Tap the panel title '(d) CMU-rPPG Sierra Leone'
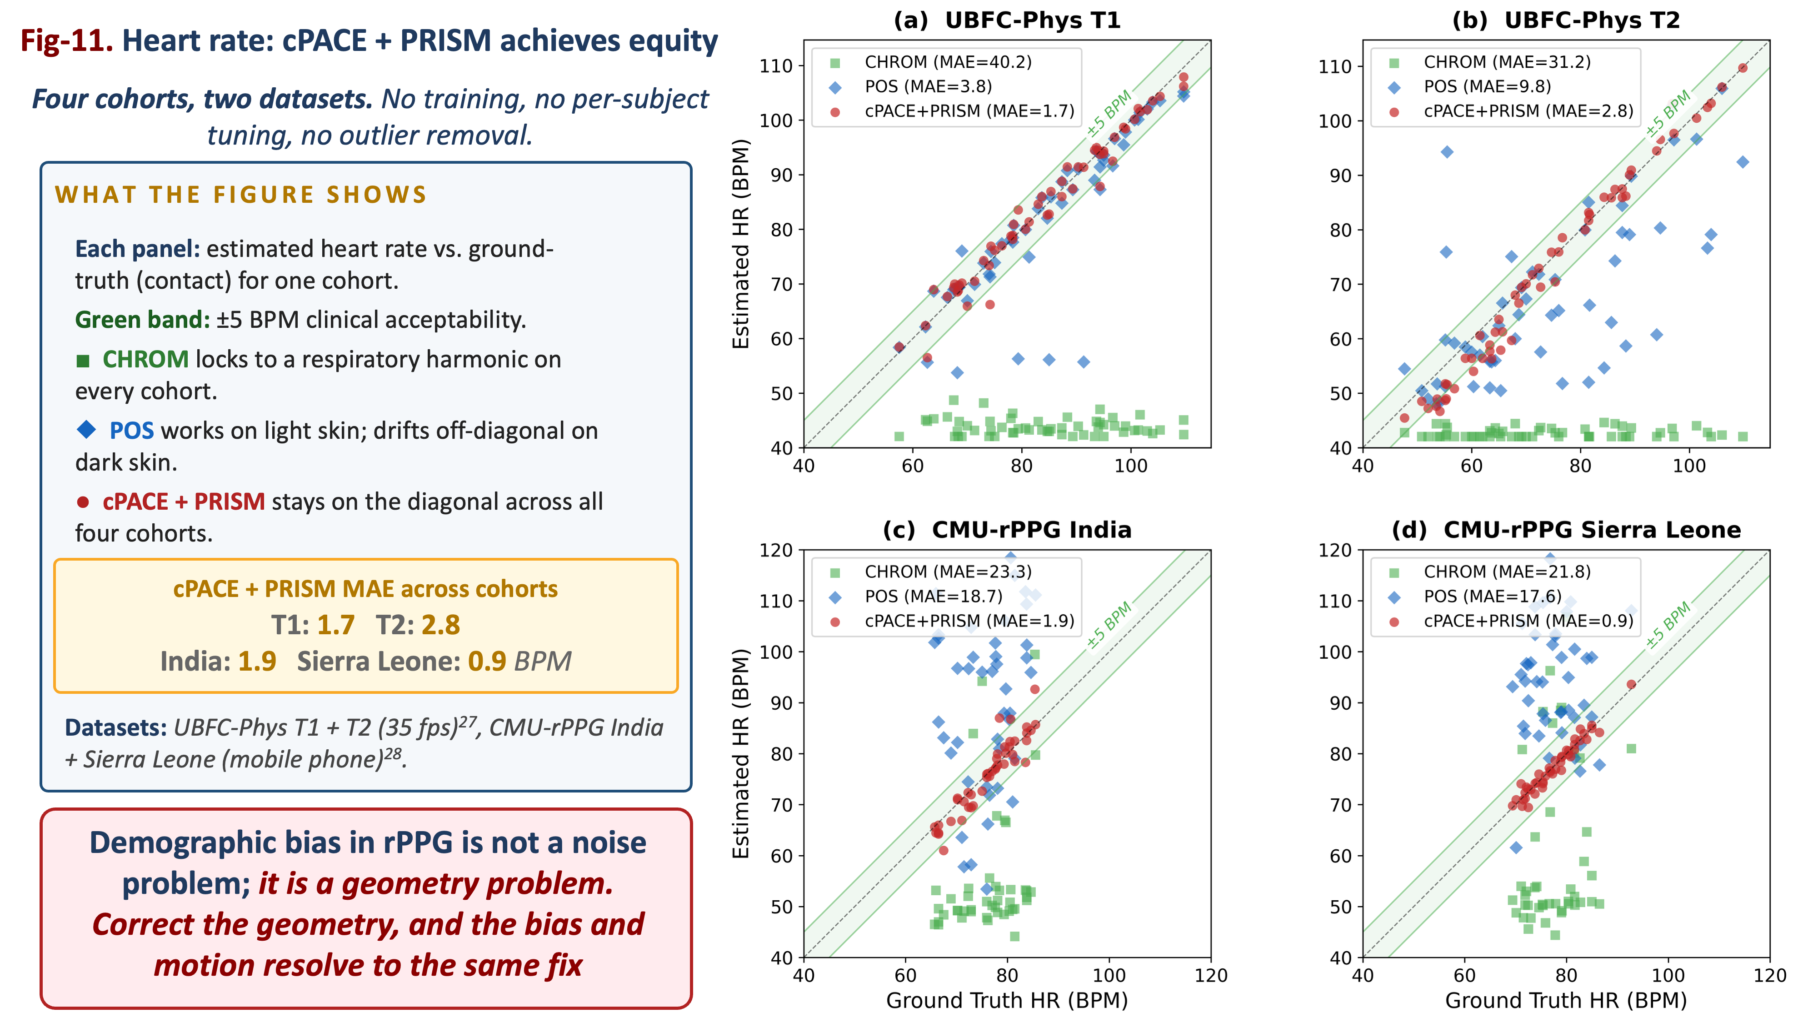pyautogui.click(x=1566, y=530)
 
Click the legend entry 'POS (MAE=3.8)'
pyautogui.click(x=928, y=86)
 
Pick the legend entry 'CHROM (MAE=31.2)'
pyautogui.click(x=1507, y=62)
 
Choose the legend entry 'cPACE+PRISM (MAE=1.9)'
pyautogui.click(x=969, y=621)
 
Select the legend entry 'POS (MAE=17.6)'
pyautogui.click(x=1493, y=596)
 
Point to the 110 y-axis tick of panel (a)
pyautogui.click(x=776, y=65)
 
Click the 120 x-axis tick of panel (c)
pyautogui.click(x=1211, y=976)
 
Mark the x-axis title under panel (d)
pyautogui.click(x=1566, y=1000)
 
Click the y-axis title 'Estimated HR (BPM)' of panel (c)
pyautogui.click(x=740, y=753)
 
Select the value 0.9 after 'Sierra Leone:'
pyautogui.click(x=487, y=662)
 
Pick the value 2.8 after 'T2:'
pyautogui.click(x=440, y=625)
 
